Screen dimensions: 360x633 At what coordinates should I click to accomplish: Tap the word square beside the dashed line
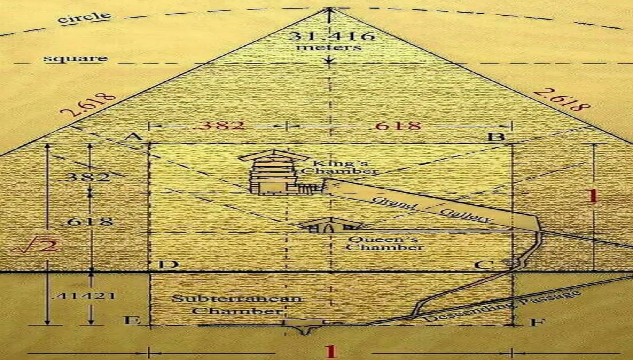coord(76,59)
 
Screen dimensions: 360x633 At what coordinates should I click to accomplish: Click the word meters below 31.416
coord(328,47)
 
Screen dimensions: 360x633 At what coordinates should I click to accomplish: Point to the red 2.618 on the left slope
coord(89,104)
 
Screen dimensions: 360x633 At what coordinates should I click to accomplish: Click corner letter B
coord(496,137)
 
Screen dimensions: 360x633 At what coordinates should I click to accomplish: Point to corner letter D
coord(168,265)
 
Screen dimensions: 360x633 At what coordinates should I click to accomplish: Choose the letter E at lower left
coord(132,320)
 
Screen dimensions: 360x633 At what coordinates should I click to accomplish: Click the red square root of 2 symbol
coord(35,246)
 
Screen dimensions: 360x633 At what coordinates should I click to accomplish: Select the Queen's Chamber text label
coord(384,243)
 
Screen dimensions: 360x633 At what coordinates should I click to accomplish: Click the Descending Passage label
coord(503,306)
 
